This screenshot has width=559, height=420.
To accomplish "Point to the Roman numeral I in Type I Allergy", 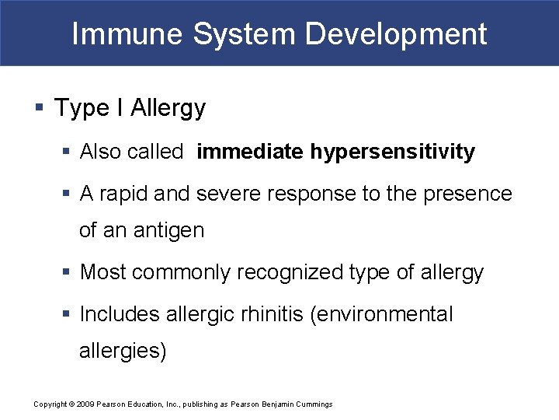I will click(120, 108).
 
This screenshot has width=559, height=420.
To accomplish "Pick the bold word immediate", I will click(250, 152).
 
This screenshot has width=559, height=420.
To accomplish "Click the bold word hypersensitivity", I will click(392, 152).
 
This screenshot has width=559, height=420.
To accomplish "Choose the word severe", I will click(226, 194).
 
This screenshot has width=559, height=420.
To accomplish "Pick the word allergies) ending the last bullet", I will click(123, 351).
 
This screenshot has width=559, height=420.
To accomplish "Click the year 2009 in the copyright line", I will click(86, 404).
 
